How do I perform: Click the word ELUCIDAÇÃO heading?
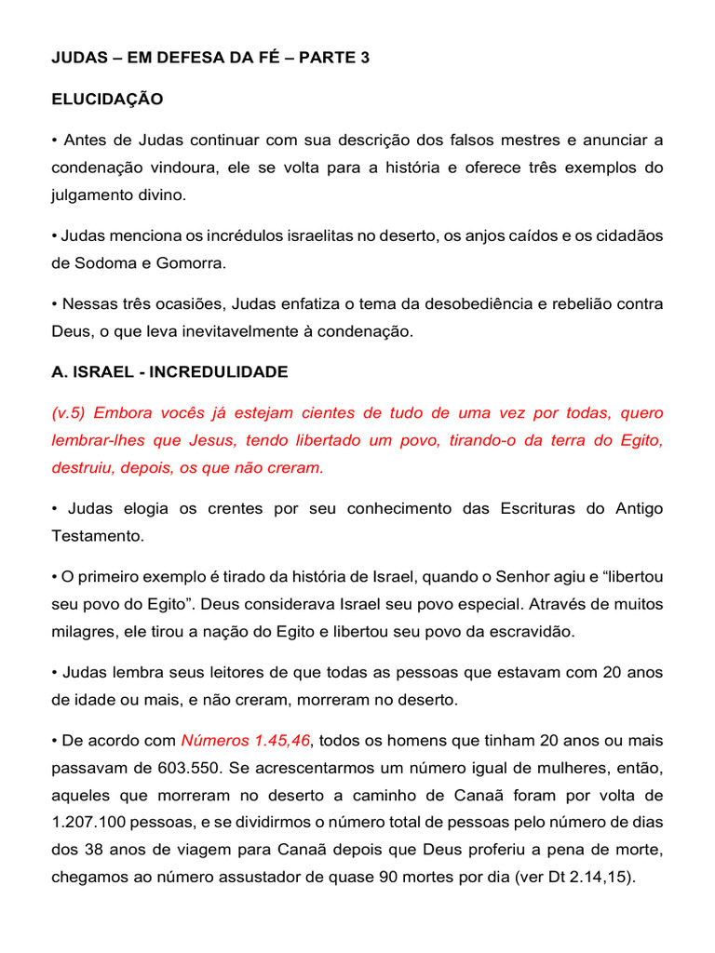coord(107,99)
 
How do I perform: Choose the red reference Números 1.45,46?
coord(246,741)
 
